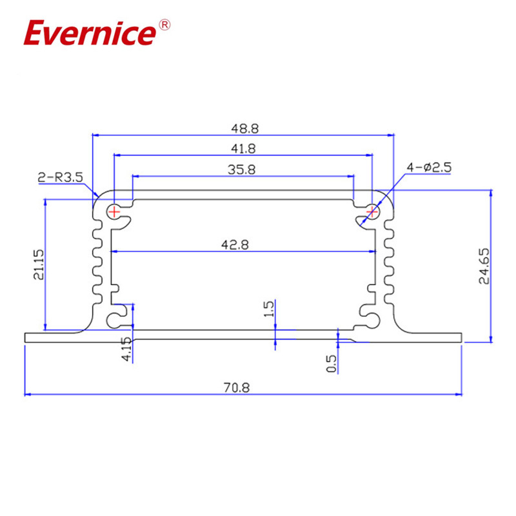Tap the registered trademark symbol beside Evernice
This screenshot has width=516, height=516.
click(164, 25)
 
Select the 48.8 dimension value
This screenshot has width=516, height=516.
click(243, 128)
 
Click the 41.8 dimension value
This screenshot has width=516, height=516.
click(243, 148)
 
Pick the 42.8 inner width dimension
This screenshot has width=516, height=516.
click(243, 244)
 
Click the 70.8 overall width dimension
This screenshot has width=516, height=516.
click(243, 388)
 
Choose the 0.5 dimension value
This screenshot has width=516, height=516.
click(332, 363)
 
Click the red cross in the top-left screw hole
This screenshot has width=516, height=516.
click(114, 211)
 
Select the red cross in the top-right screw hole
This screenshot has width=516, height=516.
click(372, 211)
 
